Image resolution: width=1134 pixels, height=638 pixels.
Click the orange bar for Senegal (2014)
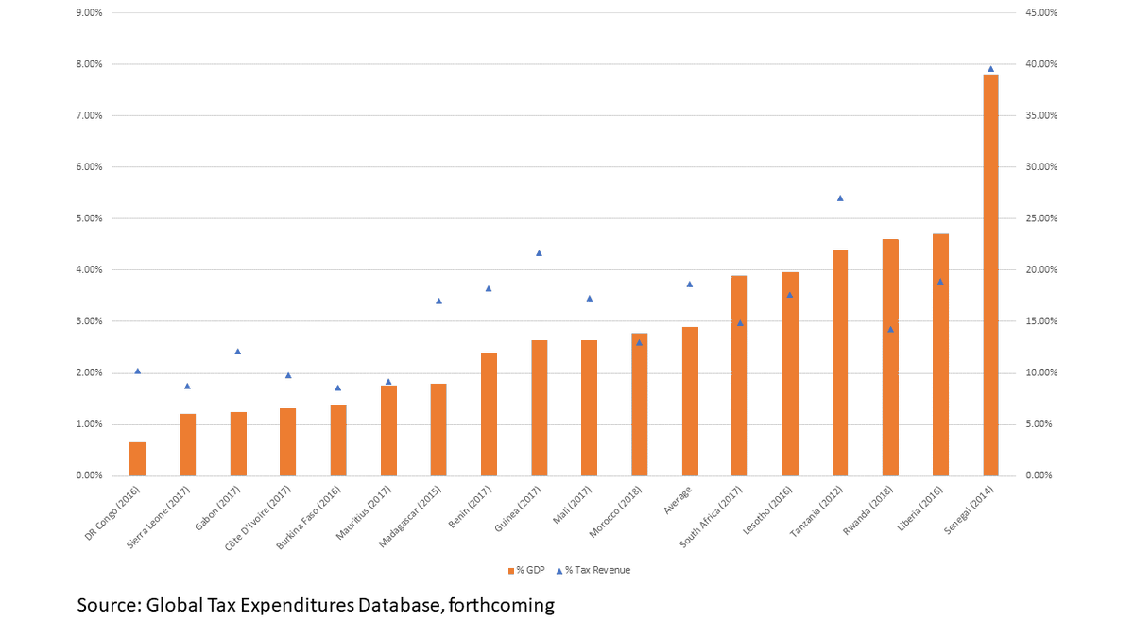tap(990, 274)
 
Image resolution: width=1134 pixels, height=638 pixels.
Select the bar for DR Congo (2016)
tap(137, 458)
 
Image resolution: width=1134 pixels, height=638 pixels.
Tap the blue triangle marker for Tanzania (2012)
tap(840, 198)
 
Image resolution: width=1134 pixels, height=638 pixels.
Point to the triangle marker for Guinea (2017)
tap(539, 253)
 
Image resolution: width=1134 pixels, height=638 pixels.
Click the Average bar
tap(690, 402)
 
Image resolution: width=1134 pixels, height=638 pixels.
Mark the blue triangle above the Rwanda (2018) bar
tap(890, 329)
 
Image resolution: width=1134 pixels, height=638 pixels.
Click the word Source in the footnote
tap(108, 606)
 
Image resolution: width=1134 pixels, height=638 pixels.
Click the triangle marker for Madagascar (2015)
tap(438, 301)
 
